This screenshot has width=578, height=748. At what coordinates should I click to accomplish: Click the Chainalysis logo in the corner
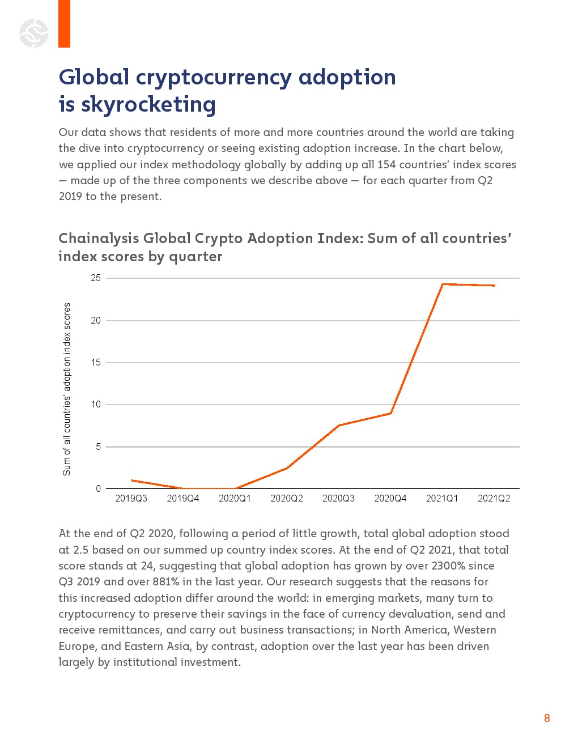coord(34,33)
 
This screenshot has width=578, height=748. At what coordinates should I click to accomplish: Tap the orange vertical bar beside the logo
coord(64,24)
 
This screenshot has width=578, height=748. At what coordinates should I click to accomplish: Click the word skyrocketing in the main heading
coord(148,105)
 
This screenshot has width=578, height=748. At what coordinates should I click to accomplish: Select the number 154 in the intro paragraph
coord(386,164)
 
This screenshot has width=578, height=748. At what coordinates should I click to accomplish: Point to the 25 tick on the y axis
coord(96,278)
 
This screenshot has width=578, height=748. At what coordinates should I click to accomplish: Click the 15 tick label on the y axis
coord(96,363)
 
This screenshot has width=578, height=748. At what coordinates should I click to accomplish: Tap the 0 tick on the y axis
coord(99,488)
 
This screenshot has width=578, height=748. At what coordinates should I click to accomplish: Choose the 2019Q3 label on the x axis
coord(131,499)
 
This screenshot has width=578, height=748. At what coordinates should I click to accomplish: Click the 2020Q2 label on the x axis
coord(287,499)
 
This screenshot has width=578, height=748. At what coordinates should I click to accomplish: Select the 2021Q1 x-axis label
coord(442,499)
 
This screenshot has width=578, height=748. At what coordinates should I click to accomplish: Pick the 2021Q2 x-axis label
coord(494,499)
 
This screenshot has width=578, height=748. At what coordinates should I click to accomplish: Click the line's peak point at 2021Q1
coord(442,284)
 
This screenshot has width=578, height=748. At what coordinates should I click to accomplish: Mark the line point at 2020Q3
coord(338,426)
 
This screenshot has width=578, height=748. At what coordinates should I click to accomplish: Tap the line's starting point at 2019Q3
coord(131,481)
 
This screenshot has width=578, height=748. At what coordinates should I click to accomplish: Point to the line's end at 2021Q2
coord(494,286)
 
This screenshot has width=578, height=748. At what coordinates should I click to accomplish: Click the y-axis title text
coord(67,389)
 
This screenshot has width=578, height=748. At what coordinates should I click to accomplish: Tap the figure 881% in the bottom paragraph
coord(165,582)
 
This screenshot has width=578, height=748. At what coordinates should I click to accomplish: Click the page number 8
coord(547,719)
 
